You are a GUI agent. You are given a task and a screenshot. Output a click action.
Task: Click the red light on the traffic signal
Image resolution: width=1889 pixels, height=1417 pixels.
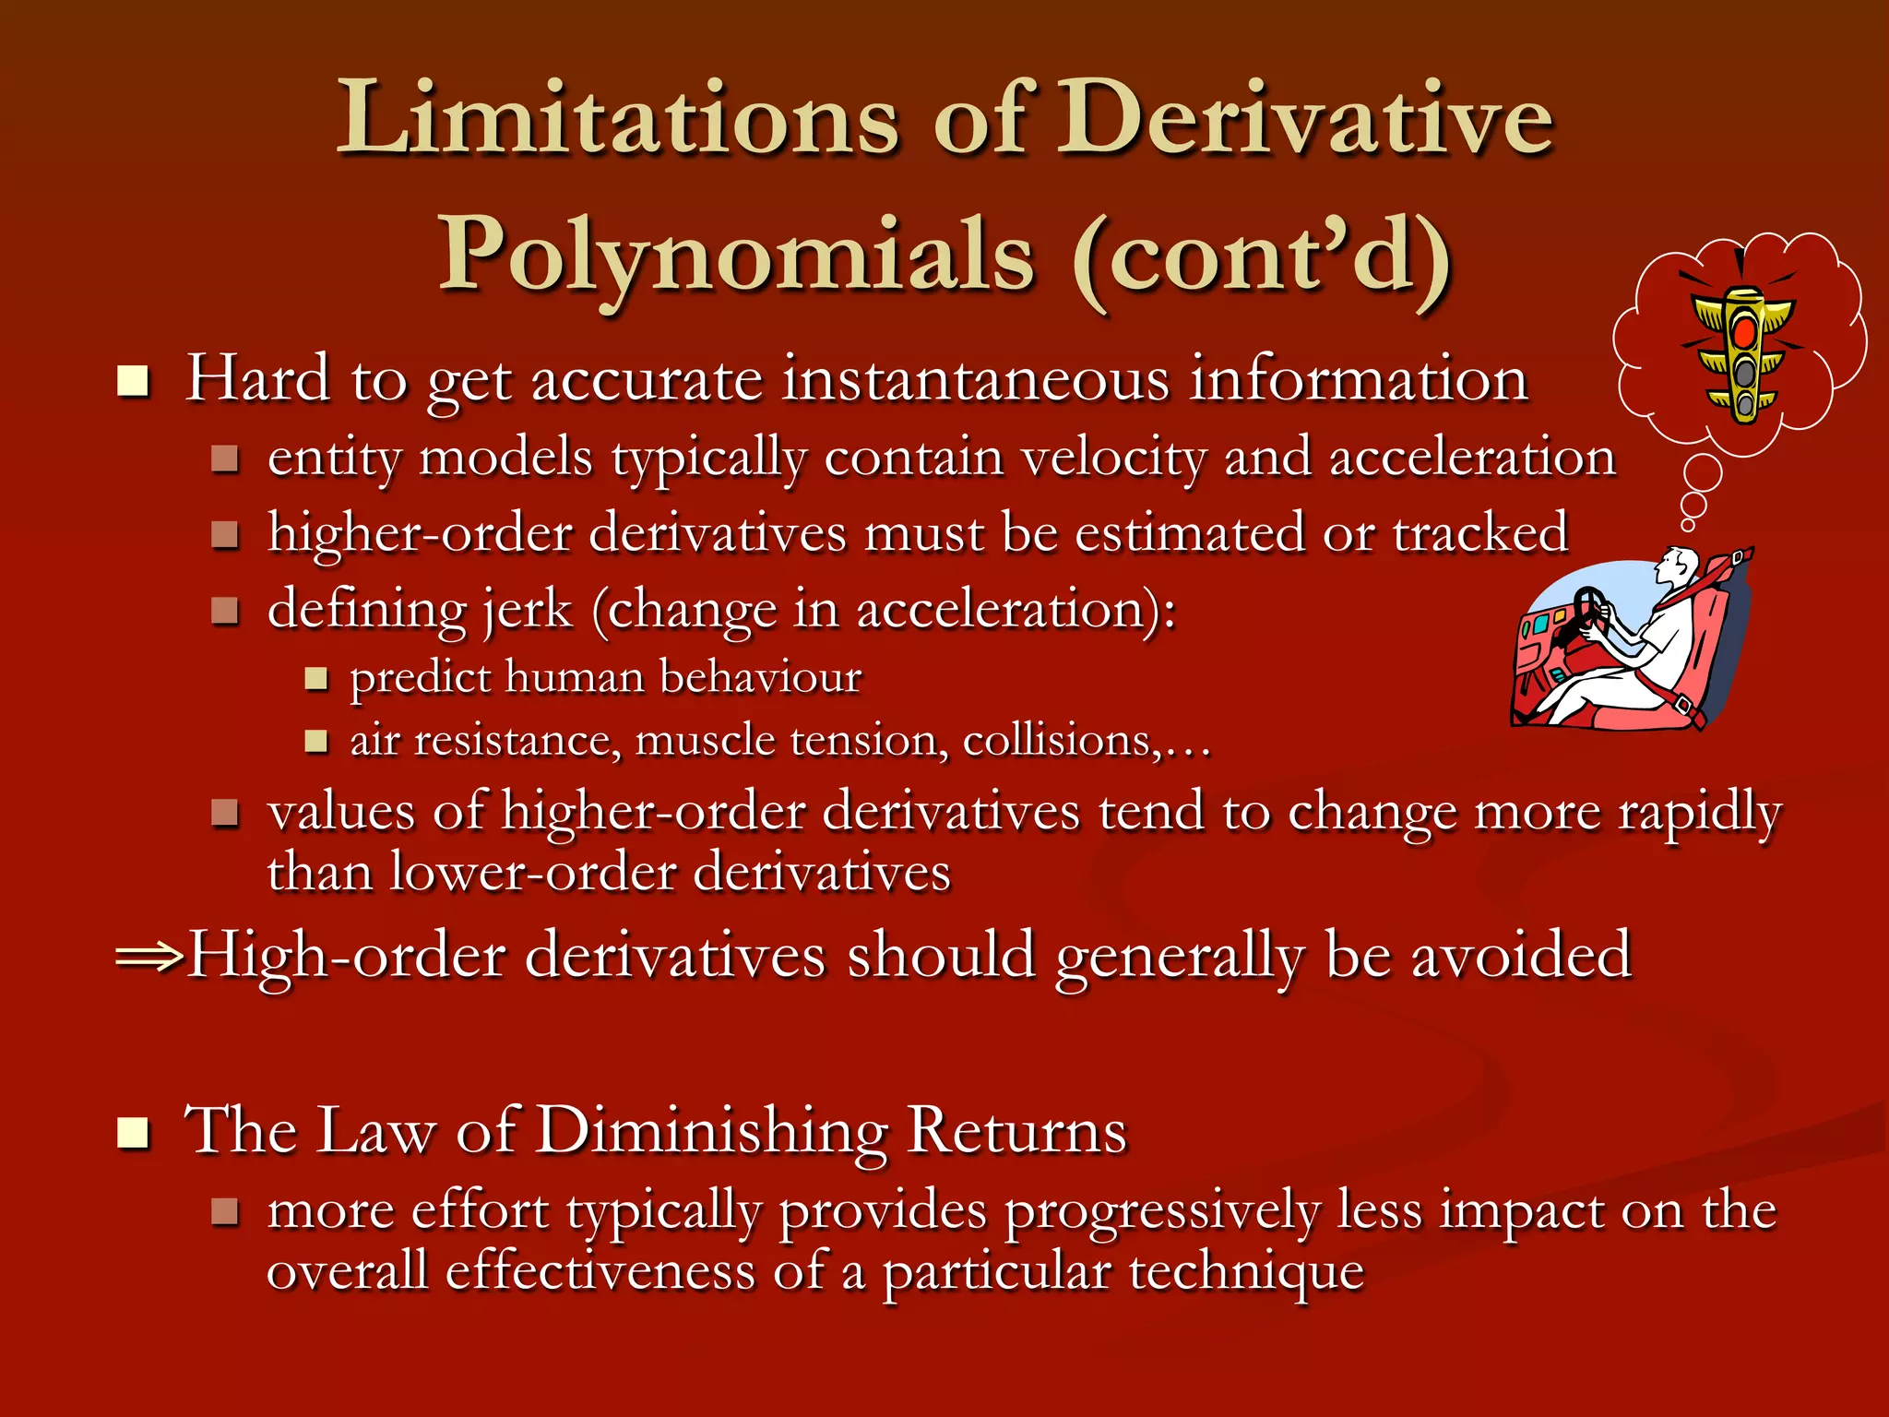1743,332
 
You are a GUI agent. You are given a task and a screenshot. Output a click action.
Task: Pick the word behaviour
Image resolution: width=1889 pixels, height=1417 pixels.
761,678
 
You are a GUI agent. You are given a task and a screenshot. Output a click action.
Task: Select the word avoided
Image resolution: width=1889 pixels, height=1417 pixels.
1521,956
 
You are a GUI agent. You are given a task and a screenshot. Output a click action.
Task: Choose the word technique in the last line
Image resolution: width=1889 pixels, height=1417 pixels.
1246,1272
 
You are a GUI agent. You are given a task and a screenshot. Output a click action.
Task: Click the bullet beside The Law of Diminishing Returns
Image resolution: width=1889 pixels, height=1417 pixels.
134,1132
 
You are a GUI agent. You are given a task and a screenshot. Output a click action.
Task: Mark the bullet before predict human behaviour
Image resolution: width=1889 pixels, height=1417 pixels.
316,679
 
